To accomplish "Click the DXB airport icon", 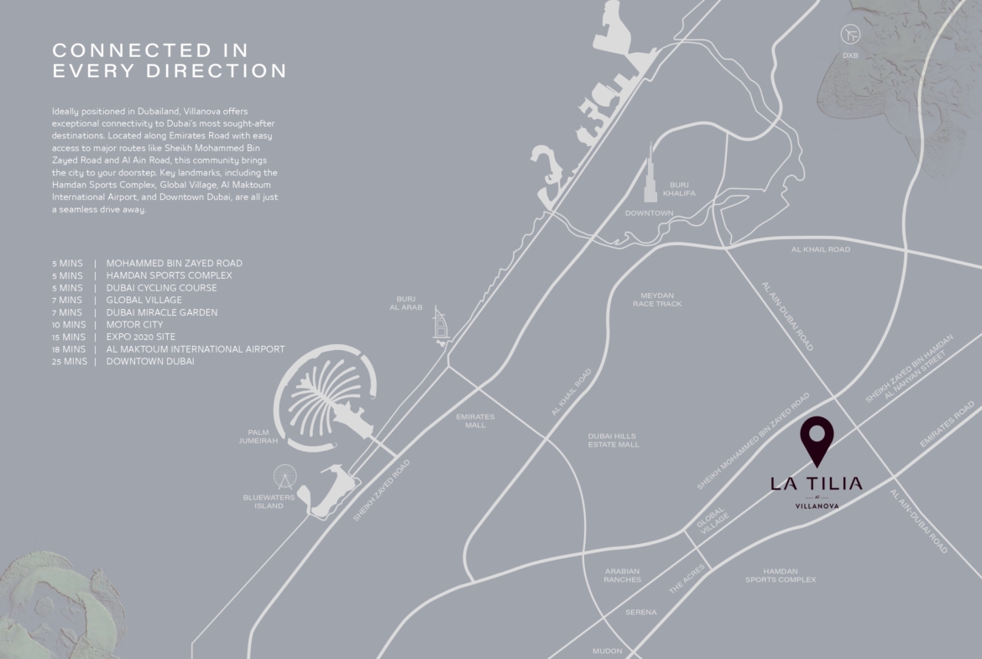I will [851, 34].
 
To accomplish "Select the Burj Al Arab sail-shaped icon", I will [441, 323].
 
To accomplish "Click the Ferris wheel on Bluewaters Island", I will [285, 479].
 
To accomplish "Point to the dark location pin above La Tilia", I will [816, 441].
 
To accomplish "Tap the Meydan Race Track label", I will [657, 300].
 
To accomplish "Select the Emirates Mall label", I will [475, 421].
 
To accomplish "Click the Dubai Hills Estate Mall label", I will [613, 441].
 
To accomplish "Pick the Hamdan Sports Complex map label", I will [780, 575].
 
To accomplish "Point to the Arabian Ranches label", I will [622, 575].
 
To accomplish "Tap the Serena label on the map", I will [640, 613].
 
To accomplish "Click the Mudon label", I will [608, 651].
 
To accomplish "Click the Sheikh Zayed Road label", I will [381, 490].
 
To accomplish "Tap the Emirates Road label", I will [947, 424].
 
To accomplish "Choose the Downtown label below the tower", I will [649, 213].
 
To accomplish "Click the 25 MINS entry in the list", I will [69, 361].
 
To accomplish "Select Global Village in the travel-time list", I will [144, 300].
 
